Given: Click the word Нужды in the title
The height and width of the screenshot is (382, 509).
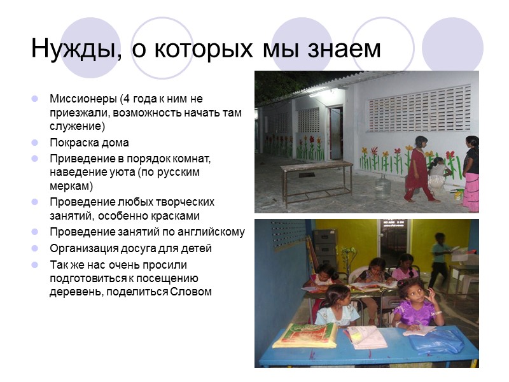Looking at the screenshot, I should (71, 49).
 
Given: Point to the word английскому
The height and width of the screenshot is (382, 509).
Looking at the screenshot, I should (212, 232).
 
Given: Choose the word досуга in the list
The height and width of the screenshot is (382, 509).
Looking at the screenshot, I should (128, 248).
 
